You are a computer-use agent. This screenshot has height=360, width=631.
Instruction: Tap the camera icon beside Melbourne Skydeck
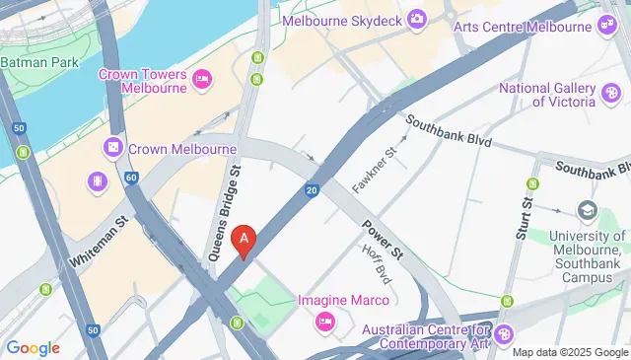point(417,19)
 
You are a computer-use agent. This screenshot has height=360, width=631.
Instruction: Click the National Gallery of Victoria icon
point(611,94)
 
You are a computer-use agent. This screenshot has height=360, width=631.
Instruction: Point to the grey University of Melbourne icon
point(589,211)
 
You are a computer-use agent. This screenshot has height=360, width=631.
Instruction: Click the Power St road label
point(383,239)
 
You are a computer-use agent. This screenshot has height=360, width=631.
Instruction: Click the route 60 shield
point(132,178)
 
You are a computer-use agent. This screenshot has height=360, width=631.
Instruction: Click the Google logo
point(33,347)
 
